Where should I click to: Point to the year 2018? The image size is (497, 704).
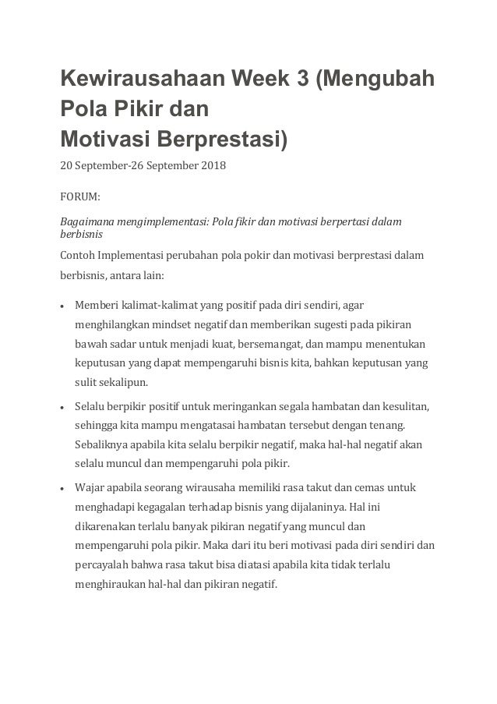coord(208,165)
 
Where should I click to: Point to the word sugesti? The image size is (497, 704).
coord(338,324)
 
